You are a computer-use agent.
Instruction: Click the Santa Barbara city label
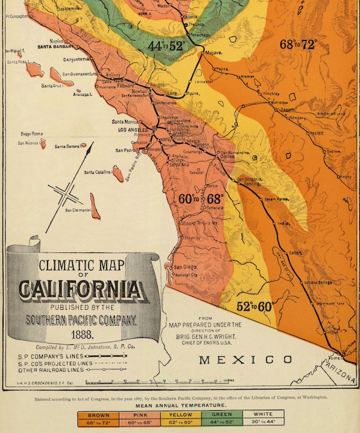coord(56,47)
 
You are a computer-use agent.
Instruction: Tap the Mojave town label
coord(213,52)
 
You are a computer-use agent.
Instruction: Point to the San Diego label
coord(184,267)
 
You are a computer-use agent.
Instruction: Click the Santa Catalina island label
coord(98,172)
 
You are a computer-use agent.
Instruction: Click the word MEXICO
coord(246,360)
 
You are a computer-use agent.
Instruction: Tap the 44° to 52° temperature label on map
coord(166,47)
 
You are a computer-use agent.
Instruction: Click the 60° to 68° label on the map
coord(201,199)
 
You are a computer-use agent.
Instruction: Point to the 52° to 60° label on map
coord(255,306)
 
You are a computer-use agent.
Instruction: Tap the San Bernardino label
coord(236,152)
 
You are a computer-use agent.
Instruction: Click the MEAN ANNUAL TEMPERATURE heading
coord(180,405)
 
